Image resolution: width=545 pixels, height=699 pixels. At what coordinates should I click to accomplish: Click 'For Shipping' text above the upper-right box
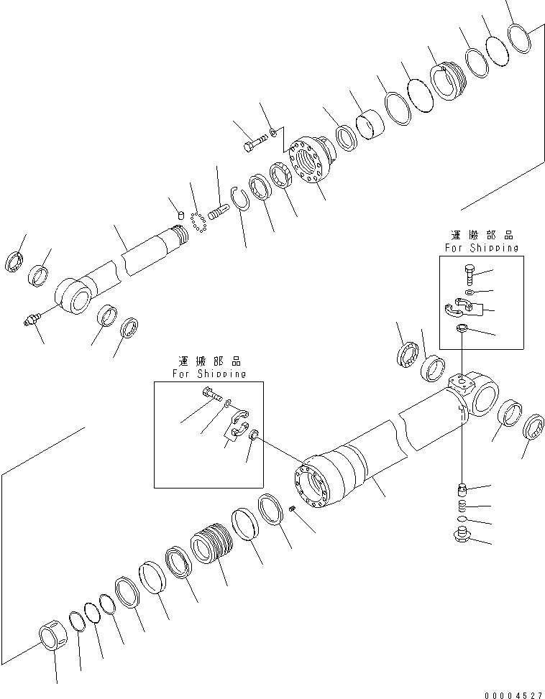(x=480, y=248)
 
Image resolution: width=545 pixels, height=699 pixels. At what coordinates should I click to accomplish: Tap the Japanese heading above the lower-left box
(x=209, y=362)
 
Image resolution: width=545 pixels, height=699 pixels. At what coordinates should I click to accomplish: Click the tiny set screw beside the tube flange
(x=293, y=509)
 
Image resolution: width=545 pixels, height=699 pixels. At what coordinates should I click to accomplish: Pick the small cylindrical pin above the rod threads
(x=180, y=215)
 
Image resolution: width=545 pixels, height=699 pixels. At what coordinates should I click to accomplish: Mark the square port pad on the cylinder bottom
(x=457, y=382)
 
